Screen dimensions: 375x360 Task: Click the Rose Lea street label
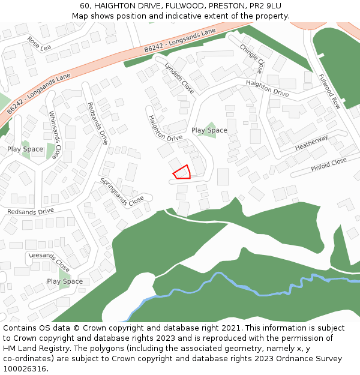[x=40, y=44]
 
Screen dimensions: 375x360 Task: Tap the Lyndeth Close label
[x=179, y=78]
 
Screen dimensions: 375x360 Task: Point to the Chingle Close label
[x=251, y=58]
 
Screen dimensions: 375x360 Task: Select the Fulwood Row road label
[x=329, y=91]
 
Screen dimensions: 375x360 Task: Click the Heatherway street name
[x=311, y=143]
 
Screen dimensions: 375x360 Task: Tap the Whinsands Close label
[x=55, y=135]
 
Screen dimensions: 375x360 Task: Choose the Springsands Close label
[x=122, y=192]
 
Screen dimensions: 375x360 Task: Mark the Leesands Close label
[x=49, y=262]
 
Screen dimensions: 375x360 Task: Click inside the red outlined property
[x=182, y=173]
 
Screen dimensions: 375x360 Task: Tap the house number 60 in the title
[x=85, y=5]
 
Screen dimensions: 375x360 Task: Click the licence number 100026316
[x=23, y=369]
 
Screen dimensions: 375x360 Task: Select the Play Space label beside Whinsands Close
[x=25, y=149]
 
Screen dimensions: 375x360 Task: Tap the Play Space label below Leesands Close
[x=65, y=281]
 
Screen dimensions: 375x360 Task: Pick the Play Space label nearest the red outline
[x=209, y=130]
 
